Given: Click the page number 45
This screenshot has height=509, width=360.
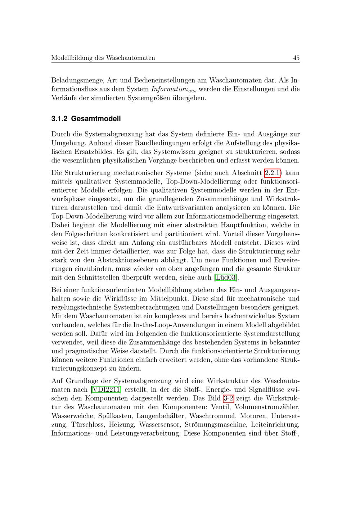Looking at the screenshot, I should [296, 58].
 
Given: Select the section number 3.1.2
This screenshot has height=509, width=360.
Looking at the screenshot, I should [59, 118].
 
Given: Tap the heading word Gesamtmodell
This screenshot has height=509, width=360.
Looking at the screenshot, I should [96, 118].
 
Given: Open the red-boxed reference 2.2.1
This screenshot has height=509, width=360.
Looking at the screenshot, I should [273, 173].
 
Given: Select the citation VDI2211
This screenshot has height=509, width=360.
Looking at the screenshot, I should [106, 389].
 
